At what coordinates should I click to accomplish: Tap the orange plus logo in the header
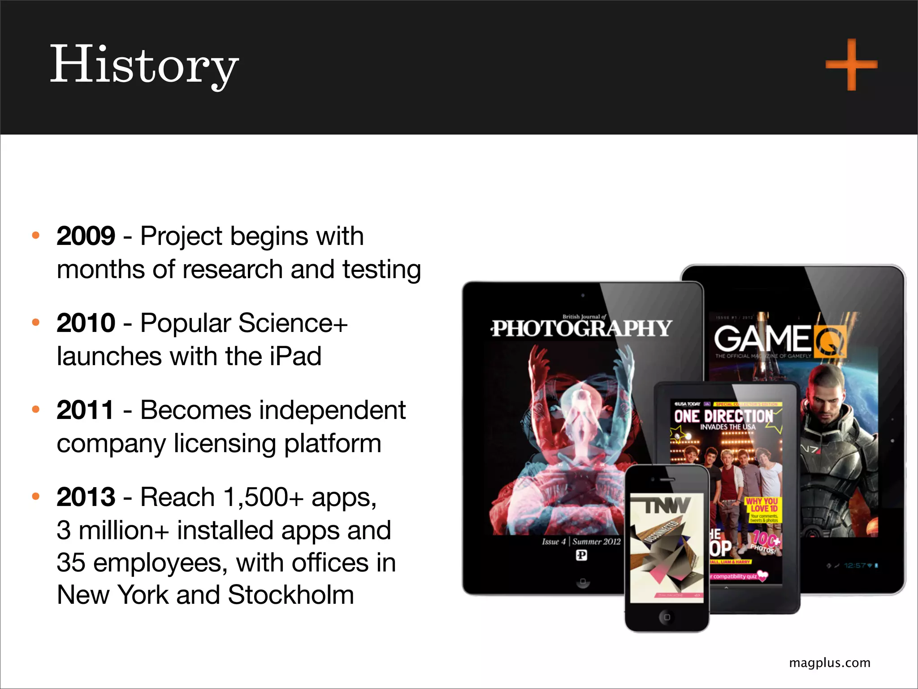click(851, 65)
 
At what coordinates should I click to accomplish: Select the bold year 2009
click(86, 236)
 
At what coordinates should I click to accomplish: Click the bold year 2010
click(86, 323)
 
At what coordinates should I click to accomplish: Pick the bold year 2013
click(86, 497)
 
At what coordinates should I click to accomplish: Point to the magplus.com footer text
click(829, 663)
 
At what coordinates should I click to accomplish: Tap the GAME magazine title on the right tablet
click(763, 338)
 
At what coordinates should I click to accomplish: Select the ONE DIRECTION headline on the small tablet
click(723, 416)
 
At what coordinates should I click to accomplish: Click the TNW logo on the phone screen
click(667, 506)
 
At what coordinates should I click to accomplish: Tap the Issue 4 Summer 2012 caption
click(581, 541)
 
